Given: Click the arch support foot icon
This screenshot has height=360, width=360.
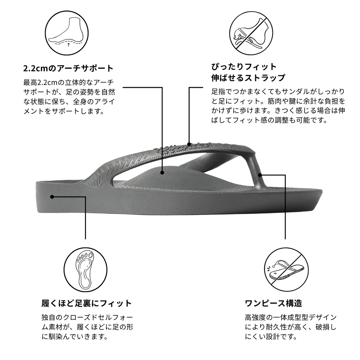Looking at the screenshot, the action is [67, 33].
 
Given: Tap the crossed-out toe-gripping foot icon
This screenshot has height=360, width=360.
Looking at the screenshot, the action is [251, 33].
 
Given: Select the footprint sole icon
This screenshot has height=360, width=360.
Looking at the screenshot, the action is [85, 269].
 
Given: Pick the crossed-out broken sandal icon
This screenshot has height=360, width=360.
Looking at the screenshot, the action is [286, 269].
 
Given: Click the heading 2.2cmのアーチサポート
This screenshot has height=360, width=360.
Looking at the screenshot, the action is [68, 68].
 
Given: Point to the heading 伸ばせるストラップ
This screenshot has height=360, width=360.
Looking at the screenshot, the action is [248, 78].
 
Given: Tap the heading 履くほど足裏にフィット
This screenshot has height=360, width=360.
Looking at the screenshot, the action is [86, 303].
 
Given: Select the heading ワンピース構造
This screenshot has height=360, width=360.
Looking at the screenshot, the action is [274, 303].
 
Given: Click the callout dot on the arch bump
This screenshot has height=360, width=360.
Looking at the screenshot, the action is [162, 172].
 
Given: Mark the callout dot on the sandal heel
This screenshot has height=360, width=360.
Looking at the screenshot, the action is [52, 197].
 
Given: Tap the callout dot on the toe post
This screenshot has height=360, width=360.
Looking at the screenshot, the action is [260, 175].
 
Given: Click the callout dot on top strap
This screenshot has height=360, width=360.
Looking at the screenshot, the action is [189, 144].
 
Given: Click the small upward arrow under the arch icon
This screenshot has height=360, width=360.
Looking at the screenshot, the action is [68, 44].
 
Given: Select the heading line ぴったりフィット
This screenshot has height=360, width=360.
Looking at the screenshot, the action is [244, 67].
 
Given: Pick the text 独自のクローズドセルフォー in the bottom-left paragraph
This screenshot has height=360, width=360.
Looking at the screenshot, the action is [87, 318].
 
